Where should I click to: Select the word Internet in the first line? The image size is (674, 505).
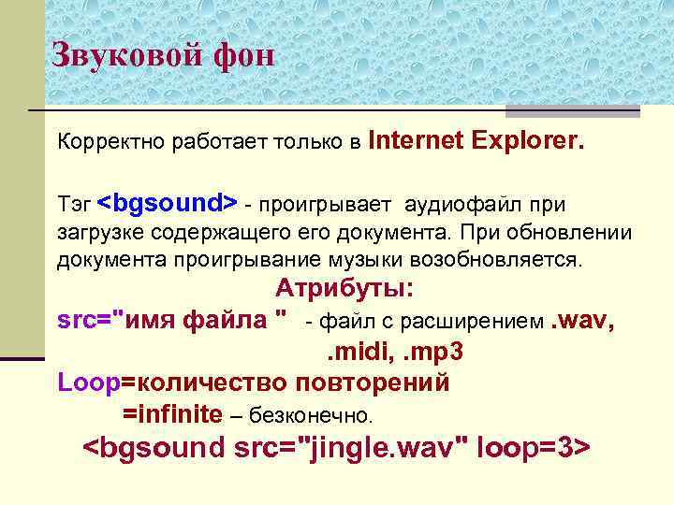click(417, 141)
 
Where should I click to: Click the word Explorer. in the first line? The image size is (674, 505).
click(528, 141)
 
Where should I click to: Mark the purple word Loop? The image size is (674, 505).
click(88, 383)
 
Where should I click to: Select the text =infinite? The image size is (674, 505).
click(172, 413)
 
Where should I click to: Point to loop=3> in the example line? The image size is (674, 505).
click(534, 448)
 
